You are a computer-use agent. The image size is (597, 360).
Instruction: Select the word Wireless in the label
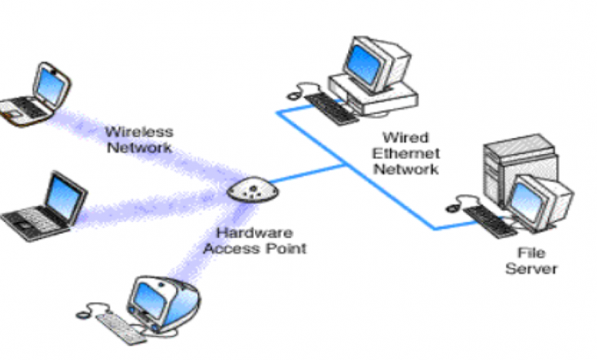click(x=138, y=131)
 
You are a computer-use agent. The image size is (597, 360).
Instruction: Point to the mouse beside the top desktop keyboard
click(x=294, y=95)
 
